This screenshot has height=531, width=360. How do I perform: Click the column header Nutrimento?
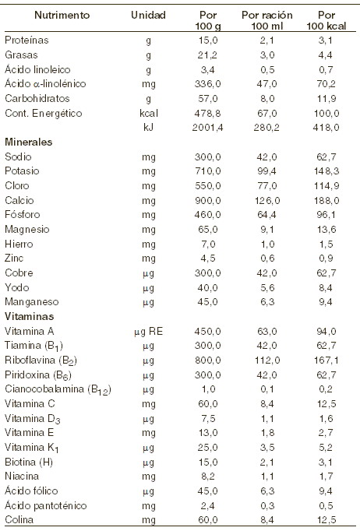(62, 16)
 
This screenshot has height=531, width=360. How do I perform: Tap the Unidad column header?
(148, 16)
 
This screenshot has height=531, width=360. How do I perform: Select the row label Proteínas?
(26, 40)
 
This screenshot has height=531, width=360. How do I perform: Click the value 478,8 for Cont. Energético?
(208, 113)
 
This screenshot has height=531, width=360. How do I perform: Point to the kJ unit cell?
(149, 128)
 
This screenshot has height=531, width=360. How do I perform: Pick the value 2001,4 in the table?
(208, 128)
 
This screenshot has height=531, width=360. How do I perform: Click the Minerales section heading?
(29, 142)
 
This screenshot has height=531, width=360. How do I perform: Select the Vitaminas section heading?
(29, 316)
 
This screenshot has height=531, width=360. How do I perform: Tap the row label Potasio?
(22, 171)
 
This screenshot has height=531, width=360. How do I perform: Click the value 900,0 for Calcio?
(208, 200)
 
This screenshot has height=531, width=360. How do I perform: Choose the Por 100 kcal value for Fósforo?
(326, 215)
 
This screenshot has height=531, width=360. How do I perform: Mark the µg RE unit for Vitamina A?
(149, 331)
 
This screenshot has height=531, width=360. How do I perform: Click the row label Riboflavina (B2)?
(41, 360)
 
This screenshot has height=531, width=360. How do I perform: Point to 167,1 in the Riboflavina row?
(326, 360)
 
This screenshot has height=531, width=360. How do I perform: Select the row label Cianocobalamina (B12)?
(58, 389)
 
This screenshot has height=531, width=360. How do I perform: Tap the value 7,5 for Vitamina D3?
(208, 419)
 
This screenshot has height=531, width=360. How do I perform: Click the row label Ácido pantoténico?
(46, 505)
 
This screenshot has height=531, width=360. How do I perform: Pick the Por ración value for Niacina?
(267, 476)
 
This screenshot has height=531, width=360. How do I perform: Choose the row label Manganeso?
(31, 302)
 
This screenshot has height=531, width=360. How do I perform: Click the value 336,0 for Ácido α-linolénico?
(208, 83)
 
